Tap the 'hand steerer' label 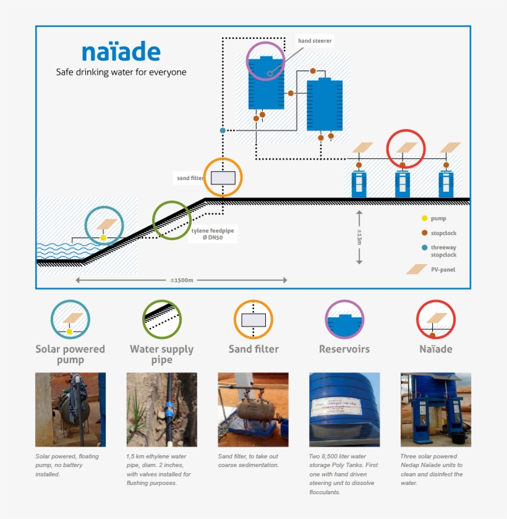[x=315, y=41]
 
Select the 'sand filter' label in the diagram [x=190, y=178]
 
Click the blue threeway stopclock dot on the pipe [x=223, y=131]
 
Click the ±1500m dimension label [x=182, y=280]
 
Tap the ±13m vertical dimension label [x=359, y=237]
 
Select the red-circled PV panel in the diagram [x=406, y=148]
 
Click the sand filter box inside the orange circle [x=223, y=178]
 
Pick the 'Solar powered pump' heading [x=70, y=354]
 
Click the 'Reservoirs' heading [x=344, y=349]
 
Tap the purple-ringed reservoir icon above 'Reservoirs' [x=344, y=319]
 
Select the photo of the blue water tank [x=344, y=409]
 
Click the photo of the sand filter [x=253, y=409]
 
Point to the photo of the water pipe [x=161, y=409]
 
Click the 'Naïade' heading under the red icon [x=435, y=349]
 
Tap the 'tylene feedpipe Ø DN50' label [x=212, y=234]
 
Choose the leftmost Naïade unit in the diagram [x=360, y=184]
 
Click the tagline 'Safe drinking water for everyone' [x=121, y=72]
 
